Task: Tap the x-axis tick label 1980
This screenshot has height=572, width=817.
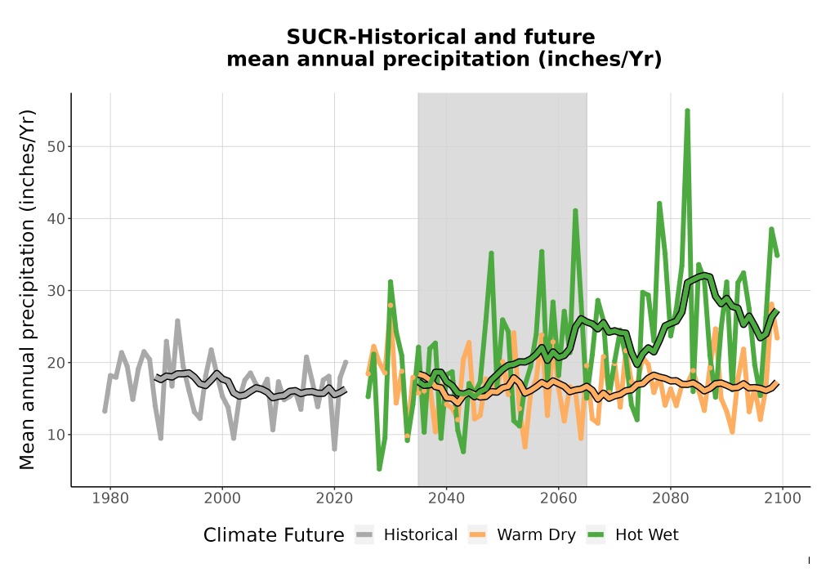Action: tap(110, 498)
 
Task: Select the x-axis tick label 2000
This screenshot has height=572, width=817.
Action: tap(222, 498)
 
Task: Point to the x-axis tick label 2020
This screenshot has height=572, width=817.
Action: tap(334, 498)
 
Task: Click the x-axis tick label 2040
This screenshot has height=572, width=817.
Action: tap(447, 498)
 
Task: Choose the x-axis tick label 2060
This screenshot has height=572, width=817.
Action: tap(559, 498)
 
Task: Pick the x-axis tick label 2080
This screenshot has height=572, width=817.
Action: tap(671, 498)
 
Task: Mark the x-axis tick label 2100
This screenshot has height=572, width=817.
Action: tap(783, 498)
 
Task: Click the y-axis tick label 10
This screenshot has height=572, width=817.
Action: tap(56, 435)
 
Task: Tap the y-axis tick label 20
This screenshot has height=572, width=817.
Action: tap(56, 363)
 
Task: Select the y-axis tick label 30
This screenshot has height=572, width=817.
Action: tap(56, 291)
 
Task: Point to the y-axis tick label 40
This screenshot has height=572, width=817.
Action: tap(56, 219)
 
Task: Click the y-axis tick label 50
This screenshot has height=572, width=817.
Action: tap(56, 147)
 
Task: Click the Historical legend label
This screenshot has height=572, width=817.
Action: tap(421, 535)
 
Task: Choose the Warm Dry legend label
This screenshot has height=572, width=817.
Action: tap(536, 535)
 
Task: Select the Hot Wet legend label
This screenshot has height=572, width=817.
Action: tap(646, 535)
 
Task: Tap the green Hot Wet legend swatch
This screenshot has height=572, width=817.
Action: tap(596, 534)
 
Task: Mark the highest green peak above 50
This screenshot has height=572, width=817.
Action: tap(687, 110)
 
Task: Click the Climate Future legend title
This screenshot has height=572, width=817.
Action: tap(274, 535)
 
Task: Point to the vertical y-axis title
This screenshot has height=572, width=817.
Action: tap(27, 289)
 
